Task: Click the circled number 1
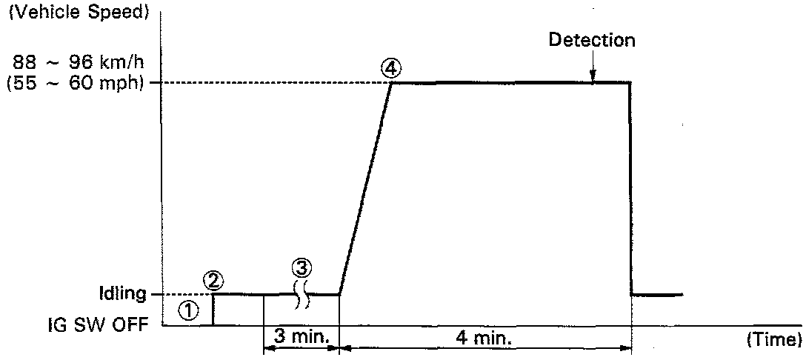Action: pos(190,312)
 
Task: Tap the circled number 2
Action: pos(213,279)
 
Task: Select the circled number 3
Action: pos(302,266)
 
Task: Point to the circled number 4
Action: pos(391,67)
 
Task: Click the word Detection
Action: pos(591,40)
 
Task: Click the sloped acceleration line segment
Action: pos(365,188)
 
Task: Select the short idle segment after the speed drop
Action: pos(656,295)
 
